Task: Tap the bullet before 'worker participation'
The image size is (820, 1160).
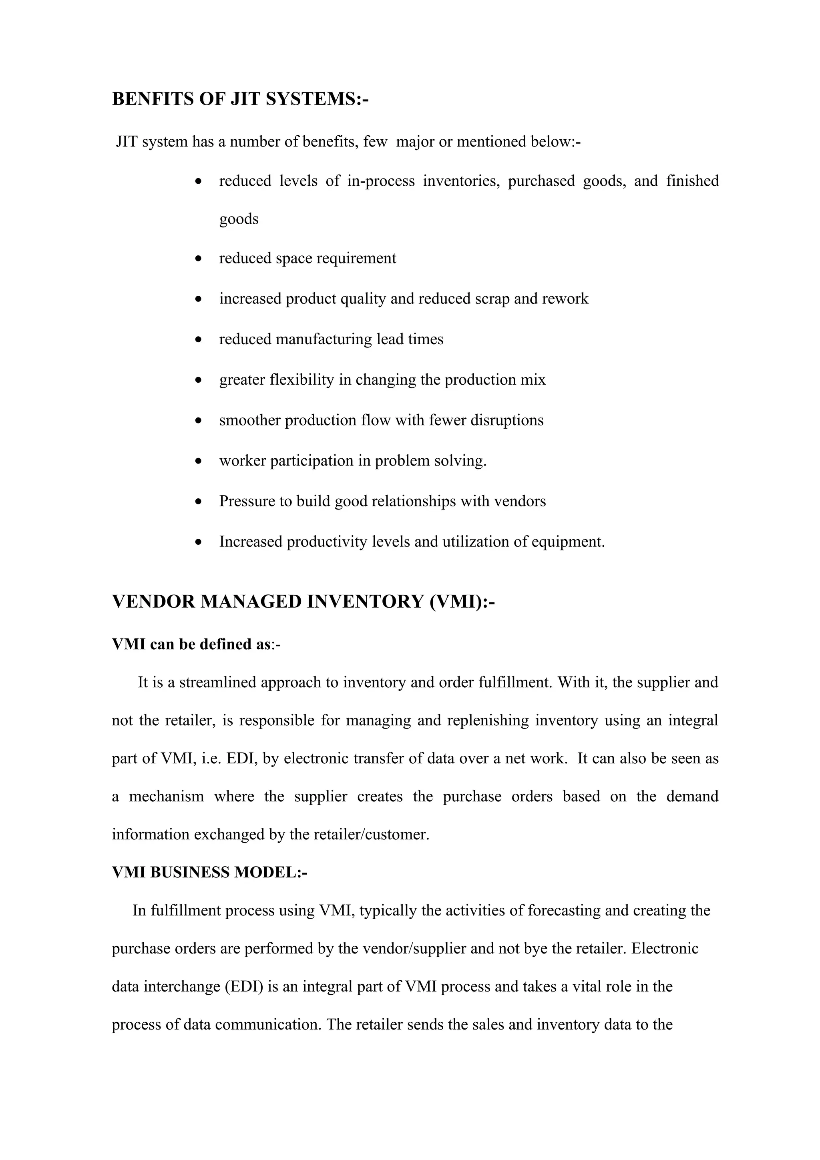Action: pos(199,461)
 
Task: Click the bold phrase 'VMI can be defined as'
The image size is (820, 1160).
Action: pos(191,644)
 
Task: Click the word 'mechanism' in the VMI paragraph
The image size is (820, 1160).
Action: pos(166,796)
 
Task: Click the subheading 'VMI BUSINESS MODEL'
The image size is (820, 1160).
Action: pos(205,872)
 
